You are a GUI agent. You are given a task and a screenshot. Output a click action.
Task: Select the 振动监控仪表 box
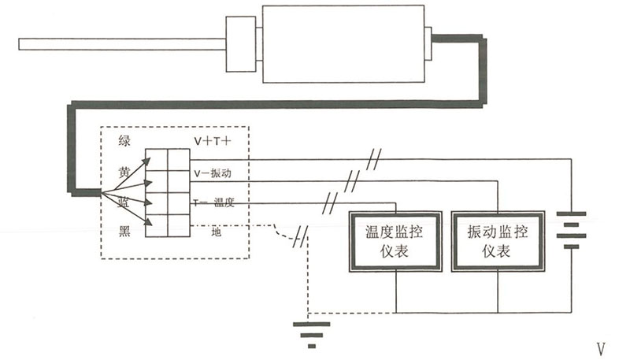[x=498, y=242]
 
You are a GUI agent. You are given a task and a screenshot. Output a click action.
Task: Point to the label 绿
[x=124, y=141]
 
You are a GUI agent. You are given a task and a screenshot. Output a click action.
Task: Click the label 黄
[x=124, y=172]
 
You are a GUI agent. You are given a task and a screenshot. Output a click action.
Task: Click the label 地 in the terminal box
[x=216, y=231]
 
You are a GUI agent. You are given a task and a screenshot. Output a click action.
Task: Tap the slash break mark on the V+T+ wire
[x=375, y=158]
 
